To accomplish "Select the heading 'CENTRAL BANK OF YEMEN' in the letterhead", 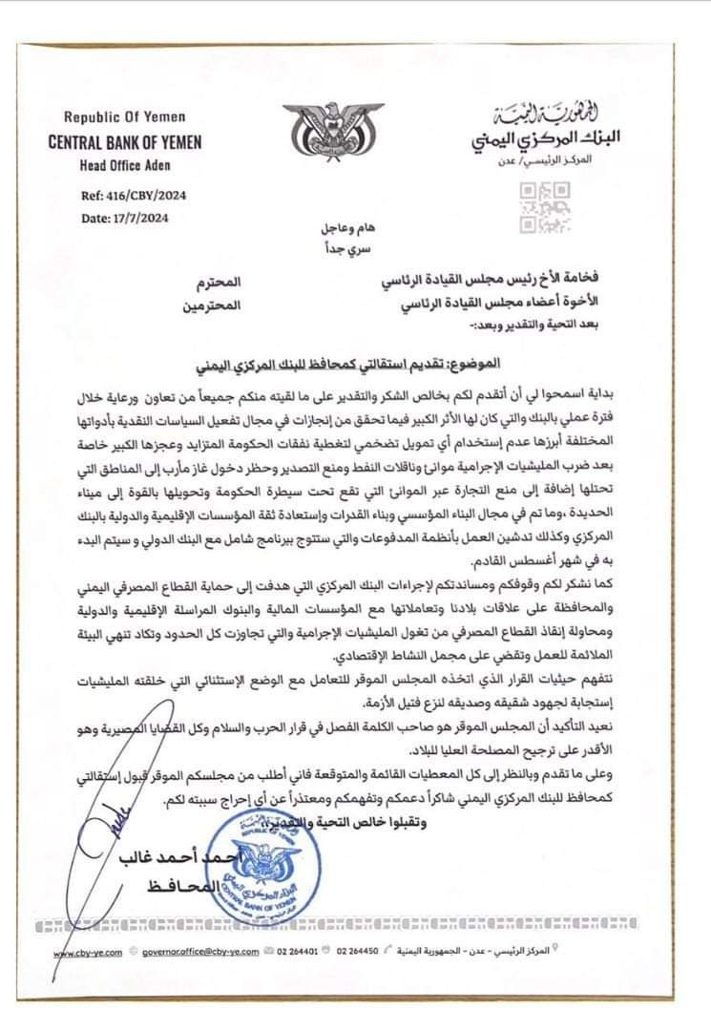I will coord(124,142).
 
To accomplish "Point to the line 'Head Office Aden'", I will coord(118,163).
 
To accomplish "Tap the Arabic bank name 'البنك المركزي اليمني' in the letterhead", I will coord(546,136).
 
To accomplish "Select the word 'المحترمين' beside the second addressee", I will coord(214,306).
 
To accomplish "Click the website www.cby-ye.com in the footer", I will coord(83,953).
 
